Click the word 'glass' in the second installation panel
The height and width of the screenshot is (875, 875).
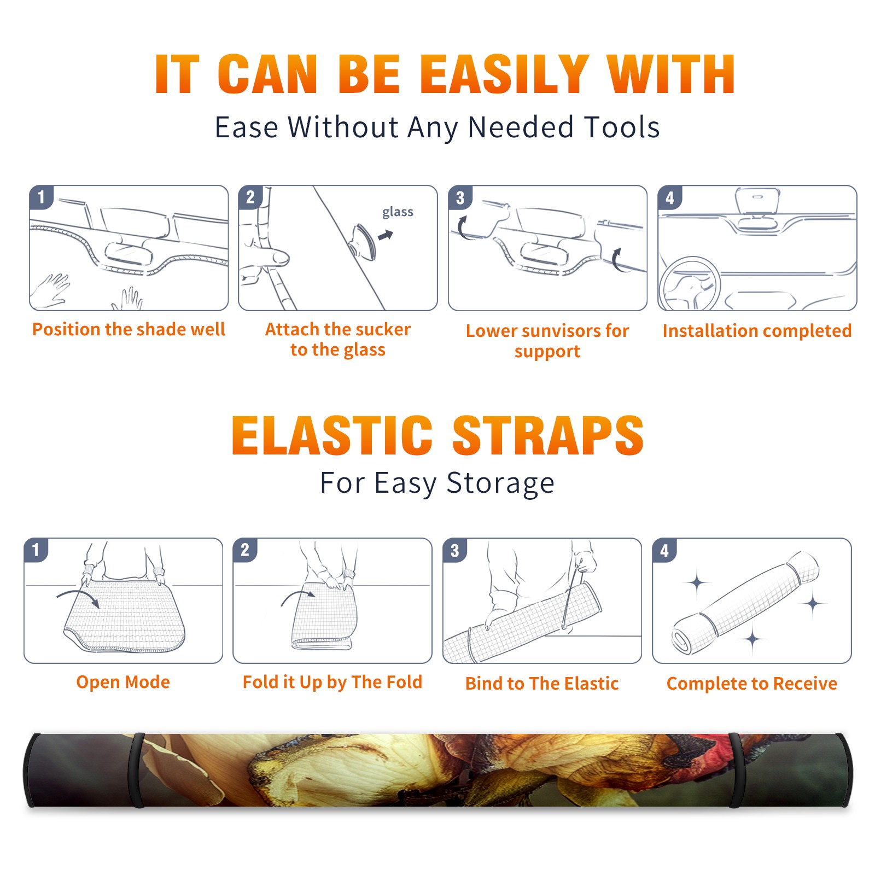[398, 212]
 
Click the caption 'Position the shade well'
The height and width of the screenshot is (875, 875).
[129, 329]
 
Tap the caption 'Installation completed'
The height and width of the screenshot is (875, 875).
[757, 331]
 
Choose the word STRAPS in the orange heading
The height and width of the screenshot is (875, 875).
[548, 435]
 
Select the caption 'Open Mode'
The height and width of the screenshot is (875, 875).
[123, 682]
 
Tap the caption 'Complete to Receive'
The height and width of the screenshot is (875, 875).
[752, 684]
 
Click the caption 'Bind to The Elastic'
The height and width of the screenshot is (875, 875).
[542, 684]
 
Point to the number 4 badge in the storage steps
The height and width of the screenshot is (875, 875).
[664, 550]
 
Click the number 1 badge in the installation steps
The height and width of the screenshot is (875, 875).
[42, 197]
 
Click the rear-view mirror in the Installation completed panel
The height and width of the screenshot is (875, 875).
[757, 201]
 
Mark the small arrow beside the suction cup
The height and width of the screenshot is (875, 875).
[386, 235]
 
